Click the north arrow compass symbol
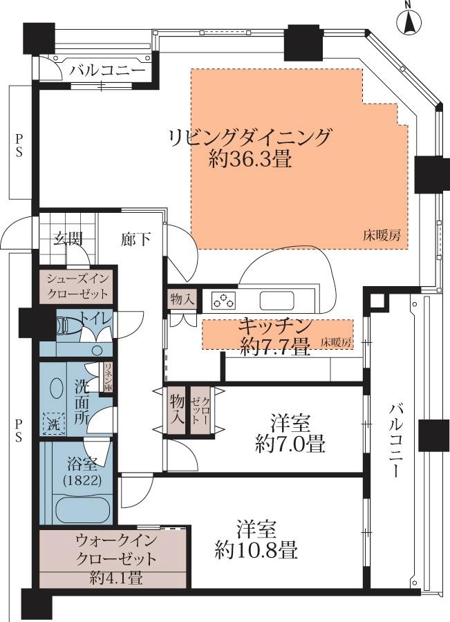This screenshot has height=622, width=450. pos(409,23)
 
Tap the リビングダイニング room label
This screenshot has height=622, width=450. pos(250,136)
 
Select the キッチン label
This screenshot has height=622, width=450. pos(274,325)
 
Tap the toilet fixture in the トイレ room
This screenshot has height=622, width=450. pos(65,325)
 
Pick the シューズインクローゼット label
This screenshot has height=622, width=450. pos(77,285)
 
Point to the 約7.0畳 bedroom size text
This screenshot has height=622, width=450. pos(290,443)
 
